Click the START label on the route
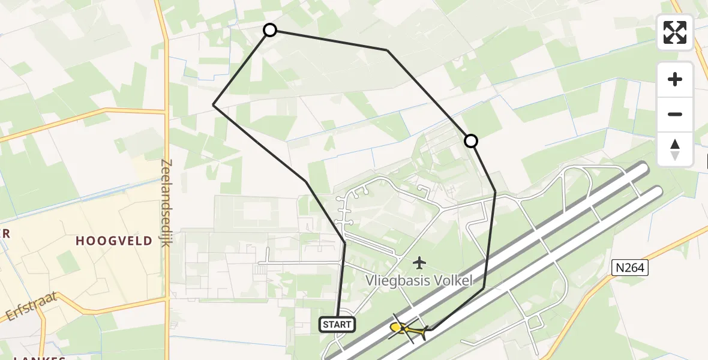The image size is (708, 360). point(337,325)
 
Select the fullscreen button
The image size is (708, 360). point(675,32)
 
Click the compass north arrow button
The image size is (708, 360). point(675,149)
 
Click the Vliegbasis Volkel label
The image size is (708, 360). point(419,280)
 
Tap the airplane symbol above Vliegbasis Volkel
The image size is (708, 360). point(419,262)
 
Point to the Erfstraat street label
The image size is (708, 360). point(32,306)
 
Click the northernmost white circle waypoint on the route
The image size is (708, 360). point(270,30)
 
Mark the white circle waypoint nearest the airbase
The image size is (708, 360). point(471,141)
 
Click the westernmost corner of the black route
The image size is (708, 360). point(214,105)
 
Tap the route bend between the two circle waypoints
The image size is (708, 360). point(388,50)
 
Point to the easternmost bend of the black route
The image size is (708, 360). point(496,192)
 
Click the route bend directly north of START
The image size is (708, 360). point(345,242)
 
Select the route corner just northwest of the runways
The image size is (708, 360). point(484,288)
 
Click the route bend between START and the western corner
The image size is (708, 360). point(306,181)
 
